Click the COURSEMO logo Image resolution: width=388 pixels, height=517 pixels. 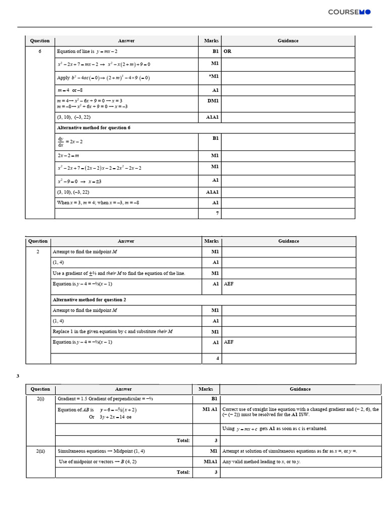click(349, 12)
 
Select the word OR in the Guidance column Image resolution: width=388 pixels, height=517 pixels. click(227, 51)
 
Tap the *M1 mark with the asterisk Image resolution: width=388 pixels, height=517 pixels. click(214, 76)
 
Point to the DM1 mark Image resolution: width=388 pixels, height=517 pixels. click(213, 101)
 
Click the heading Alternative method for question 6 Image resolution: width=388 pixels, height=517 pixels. click(93, 128)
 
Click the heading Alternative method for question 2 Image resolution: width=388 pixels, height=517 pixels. click(89, 299)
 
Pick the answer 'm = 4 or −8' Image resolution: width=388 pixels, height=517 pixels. click(70, 90)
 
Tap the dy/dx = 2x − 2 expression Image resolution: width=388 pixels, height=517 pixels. click(70, 141)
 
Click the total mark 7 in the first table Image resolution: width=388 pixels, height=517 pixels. click(217, 214)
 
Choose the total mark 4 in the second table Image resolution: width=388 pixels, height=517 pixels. click(217, 358)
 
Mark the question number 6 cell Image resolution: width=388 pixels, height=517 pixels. click(40, 51)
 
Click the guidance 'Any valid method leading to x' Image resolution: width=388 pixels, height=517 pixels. click(261, 461)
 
